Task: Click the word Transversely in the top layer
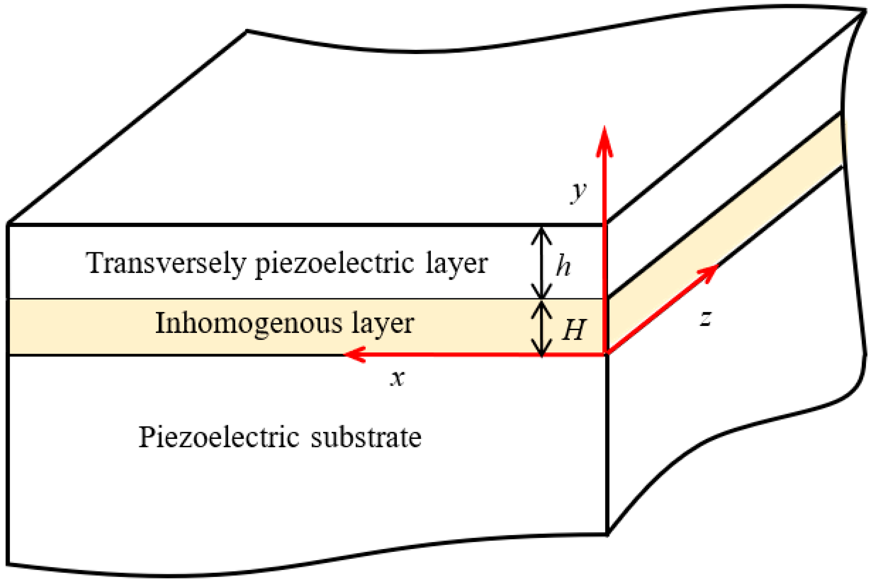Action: (x=166, y=263)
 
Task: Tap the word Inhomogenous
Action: (x=248, y=324)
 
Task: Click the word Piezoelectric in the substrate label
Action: (x=219, y=437)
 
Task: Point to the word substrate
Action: (x=366, y=437)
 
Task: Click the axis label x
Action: (x=397, y=379)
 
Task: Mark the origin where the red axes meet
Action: (x=606, y=354)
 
